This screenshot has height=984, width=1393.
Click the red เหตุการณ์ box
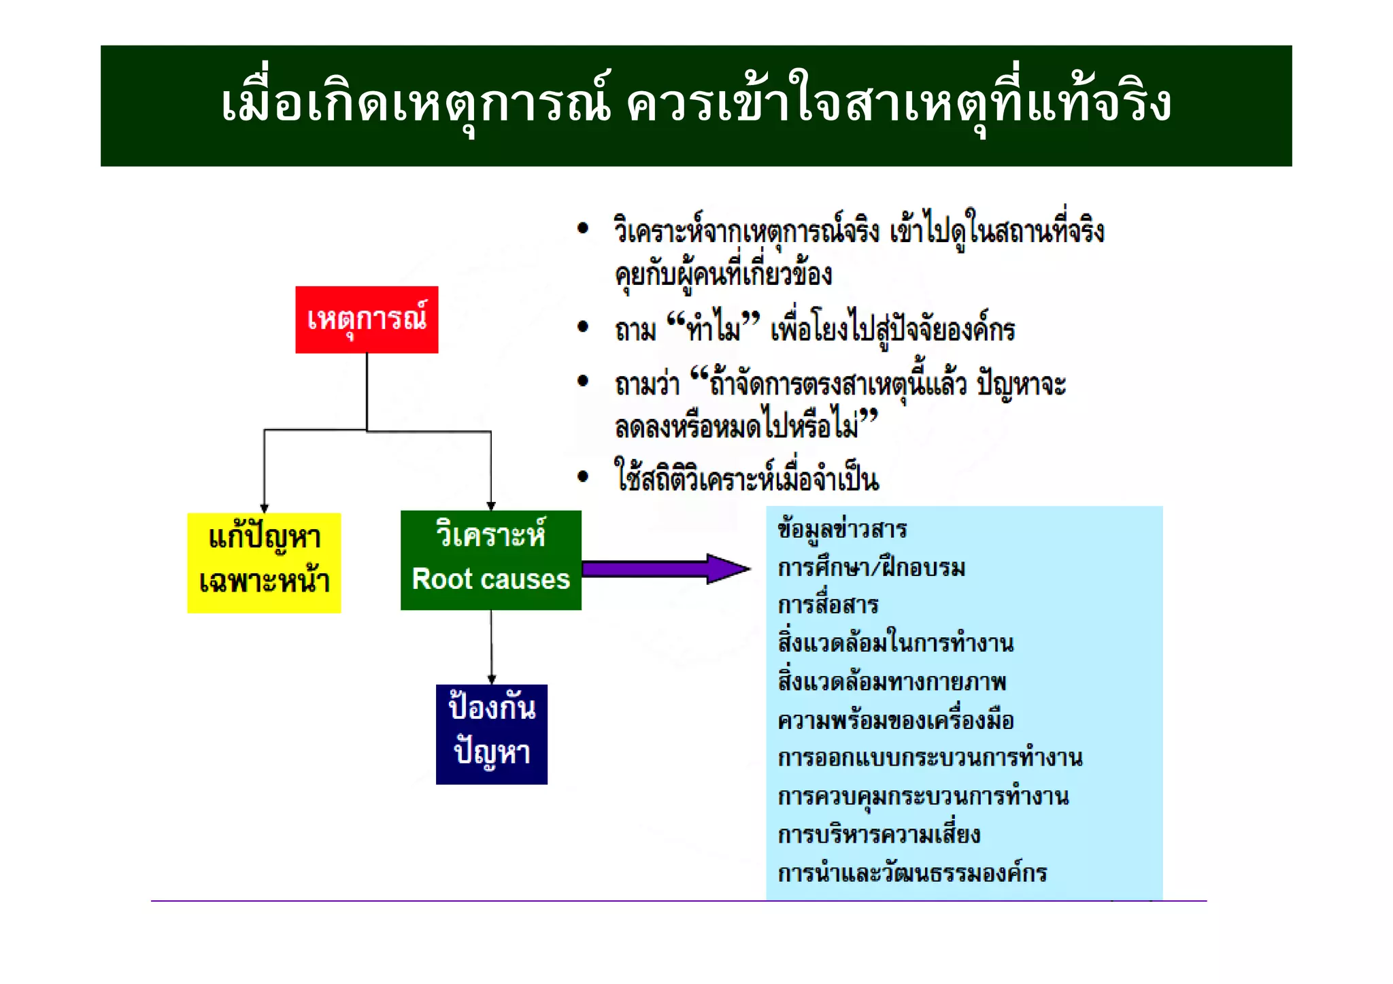pos(367,320)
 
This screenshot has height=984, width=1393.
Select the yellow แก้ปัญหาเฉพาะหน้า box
pos(264,563)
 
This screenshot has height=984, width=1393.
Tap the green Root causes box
pos(490,560)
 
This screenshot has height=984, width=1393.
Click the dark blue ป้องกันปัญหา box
pos(491,734)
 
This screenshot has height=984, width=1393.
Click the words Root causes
pos(490,579)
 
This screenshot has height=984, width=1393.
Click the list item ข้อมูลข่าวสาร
pos(842,530)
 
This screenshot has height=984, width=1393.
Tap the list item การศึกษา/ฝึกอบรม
pos(871,568)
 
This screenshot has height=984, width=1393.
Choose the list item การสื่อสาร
pos(828,605)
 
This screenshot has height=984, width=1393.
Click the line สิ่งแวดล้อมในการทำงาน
pos(895,643)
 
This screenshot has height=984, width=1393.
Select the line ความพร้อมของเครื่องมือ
pos(895,720)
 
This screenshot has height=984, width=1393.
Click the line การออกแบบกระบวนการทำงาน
pos(930,758)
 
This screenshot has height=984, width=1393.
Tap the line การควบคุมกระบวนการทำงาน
pos(923,796)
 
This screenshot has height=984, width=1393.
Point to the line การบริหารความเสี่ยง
pos(879,834)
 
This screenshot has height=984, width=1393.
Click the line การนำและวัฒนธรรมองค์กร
pos(912,873)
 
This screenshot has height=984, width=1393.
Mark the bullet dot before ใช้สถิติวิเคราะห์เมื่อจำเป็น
pos(583,477)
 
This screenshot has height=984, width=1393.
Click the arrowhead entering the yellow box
pos(264,508)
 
